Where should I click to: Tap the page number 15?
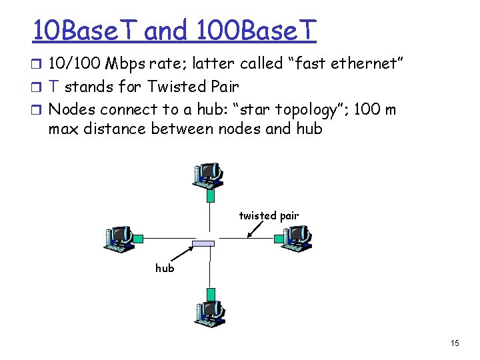click(455, 343)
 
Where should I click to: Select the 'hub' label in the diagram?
click(165, 268)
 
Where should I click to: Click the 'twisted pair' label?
click(269, 215)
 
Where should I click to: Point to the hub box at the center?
click(203, 243)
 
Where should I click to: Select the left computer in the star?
click(118, 237)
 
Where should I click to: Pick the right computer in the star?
click(294, 237)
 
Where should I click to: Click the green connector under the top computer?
click(211, 195)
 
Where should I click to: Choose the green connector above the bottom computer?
click(211, 293)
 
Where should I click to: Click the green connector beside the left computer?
click(138, 238)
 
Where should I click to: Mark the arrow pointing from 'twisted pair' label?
click(257, 229)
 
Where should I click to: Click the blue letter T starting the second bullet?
click(55, 87)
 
